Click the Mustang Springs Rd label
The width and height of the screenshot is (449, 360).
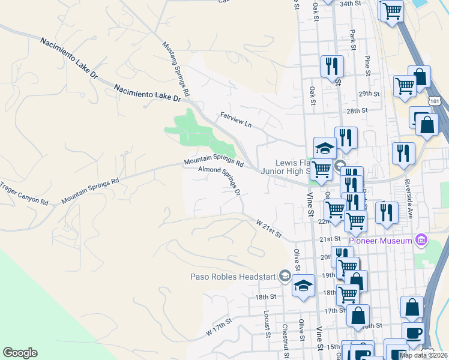176,69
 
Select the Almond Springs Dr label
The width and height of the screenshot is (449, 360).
220,181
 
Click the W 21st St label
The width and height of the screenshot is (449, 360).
269,229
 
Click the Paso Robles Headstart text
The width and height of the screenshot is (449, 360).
232,277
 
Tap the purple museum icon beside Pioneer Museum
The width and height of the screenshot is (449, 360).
421,241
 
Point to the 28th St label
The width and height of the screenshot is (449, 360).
357,111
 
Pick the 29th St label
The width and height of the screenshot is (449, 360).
370,94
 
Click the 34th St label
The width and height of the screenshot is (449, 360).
353,4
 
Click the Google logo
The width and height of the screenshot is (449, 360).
20,353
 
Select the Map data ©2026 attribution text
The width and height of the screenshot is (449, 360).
423,355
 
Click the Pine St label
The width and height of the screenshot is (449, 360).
366,65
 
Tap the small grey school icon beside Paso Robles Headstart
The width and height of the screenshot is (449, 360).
285,277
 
